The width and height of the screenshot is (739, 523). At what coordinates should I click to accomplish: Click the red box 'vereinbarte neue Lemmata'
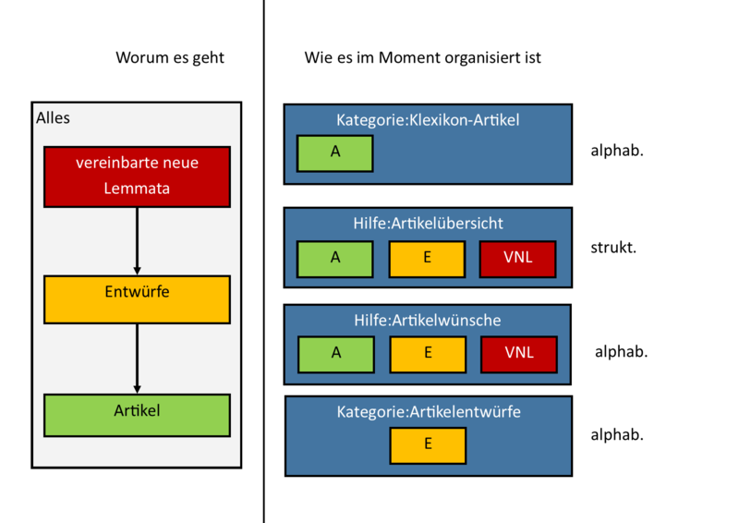(137, 176)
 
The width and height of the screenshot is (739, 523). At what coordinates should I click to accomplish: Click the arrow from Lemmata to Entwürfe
(137, 240)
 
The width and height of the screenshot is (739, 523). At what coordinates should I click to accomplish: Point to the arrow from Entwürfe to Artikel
(137, 359)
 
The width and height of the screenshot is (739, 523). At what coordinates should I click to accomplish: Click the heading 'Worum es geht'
(170, 57)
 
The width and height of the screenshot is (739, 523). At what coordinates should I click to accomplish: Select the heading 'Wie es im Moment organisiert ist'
(422, 57)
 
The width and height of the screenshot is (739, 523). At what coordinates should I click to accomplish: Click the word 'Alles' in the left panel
(53, 118)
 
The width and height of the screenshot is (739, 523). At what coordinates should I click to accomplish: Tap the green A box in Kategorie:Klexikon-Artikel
(334, 153)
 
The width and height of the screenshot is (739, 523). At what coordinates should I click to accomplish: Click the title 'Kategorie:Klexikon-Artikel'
(428, 120)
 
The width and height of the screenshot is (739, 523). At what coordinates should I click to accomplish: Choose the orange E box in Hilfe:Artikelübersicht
(427, 258)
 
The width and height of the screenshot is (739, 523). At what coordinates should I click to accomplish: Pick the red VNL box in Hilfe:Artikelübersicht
(517, 258)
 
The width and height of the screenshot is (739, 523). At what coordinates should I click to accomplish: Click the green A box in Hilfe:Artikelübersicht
(334, 258)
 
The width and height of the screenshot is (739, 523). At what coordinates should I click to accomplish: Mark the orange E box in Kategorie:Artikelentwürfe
(428, 444)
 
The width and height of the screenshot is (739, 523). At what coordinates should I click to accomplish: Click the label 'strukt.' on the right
(613, 248)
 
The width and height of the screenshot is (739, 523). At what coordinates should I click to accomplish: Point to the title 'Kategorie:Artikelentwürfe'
(429, 412)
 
